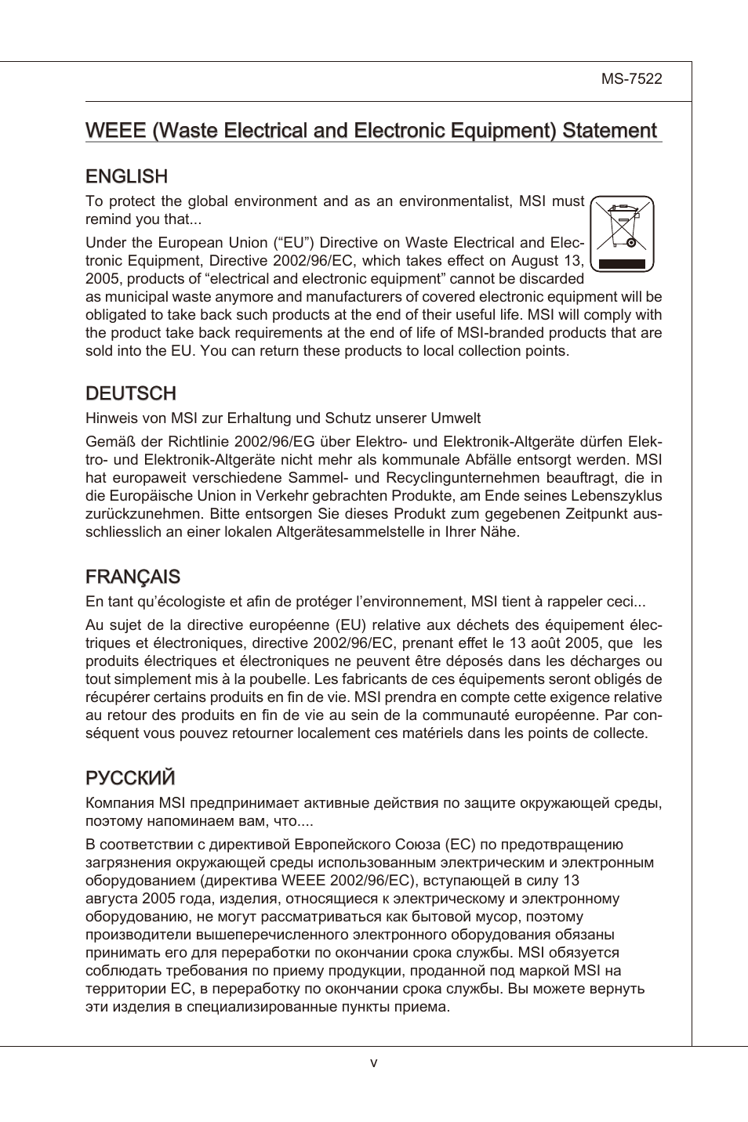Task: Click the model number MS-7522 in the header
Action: [631, 79]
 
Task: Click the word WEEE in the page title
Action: [115, 131]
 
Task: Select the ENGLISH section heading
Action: [126, 176]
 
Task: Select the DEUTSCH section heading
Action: [130, 393]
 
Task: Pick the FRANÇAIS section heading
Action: [133, 577]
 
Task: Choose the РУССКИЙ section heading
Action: [130, 778]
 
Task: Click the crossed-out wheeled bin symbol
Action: [622, 226]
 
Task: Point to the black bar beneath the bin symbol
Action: [622, 264]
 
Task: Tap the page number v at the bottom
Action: [374, 1063]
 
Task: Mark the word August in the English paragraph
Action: [535, 261]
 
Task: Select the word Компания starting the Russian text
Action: [121, 803]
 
